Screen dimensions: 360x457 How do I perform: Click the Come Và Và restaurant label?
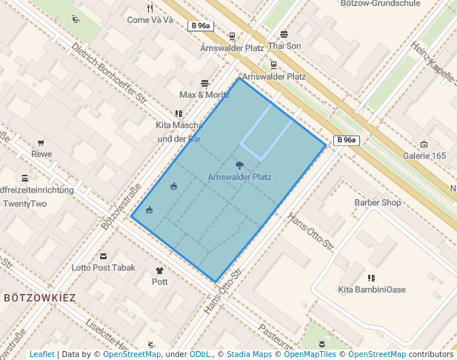(150, 20)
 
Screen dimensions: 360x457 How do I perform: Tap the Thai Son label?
(285, 45)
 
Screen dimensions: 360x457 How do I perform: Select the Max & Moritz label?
(204, 95)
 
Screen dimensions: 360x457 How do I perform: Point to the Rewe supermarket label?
(41, 154)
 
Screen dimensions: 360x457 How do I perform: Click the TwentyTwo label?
(24, 204)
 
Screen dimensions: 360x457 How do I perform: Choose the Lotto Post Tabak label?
(104, 267)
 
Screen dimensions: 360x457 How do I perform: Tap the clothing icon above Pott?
(159, 271)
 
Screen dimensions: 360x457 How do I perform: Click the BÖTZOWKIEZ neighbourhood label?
(40, 297)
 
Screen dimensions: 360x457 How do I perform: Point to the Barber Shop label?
(377, 202)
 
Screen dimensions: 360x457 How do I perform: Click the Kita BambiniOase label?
(372, 290)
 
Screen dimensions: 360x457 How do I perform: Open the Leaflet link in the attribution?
(42, 354)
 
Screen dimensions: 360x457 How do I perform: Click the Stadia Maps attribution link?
(249, 354)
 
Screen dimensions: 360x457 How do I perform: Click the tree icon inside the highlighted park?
(239, 164)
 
